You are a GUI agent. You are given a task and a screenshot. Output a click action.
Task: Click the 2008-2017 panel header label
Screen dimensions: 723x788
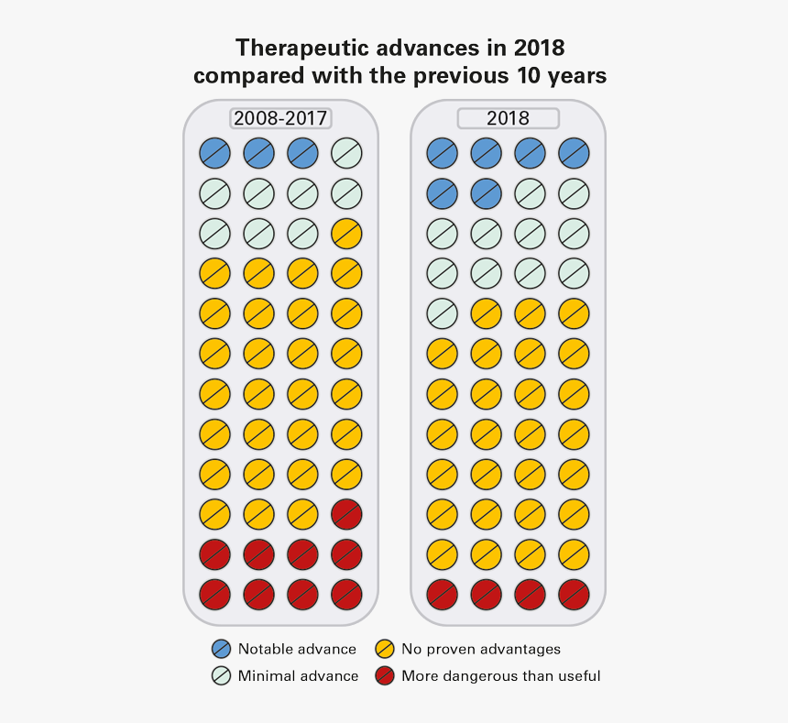280,118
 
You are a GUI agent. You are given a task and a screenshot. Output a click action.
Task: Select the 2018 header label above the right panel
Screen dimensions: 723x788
508,118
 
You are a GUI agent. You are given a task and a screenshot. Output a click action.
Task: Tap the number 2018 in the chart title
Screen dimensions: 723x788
538,47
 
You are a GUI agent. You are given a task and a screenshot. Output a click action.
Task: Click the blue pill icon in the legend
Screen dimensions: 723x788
221,650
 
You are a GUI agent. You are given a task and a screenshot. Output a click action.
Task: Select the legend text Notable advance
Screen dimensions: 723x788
297,650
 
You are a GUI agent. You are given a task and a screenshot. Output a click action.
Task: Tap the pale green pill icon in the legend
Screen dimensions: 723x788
221,676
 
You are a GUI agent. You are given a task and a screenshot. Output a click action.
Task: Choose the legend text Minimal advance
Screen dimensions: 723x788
298,676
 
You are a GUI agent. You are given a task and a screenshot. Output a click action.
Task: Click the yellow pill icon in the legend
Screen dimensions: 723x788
385,650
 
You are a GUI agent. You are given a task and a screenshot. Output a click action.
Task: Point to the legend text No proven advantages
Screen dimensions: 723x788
481,650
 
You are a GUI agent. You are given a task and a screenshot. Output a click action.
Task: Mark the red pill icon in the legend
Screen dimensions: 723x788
385,676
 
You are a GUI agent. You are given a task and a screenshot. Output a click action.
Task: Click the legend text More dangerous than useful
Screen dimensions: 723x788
501,676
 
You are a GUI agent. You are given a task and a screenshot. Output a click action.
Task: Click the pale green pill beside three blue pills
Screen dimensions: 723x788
346,152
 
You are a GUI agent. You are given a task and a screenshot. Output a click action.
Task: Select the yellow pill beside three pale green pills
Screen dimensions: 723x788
346,233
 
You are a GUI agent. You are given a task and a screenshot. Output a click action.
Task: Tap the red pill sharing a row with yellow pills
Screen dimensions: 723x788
346,514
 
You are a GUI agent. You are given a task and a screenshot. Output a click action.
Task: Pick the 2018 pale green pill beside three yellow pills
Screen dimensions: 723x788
443,313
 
